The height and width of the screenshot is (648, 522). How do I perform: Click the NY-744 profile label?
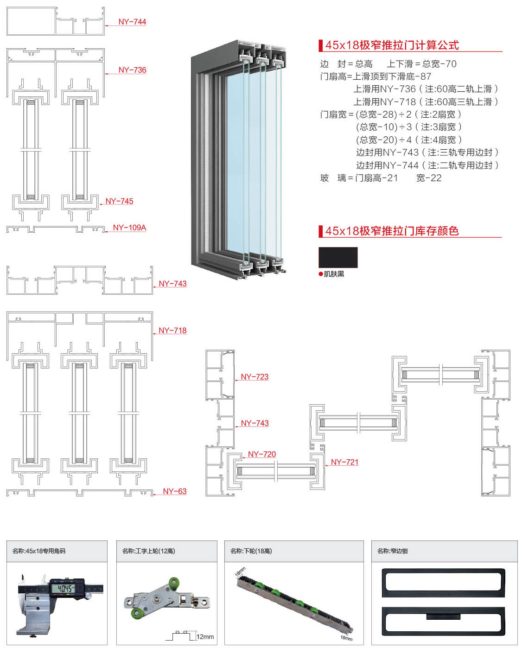point(132,22)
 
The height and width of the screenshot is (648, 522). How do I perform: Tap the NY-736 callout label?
point(132,70)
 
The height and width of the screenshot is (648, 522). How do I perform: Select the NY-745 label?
point(119,201)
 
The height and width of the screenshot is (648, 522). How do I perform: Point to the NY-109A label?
point(129,228)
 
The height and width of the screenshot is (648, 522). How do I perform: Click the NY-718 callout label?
point(172,330)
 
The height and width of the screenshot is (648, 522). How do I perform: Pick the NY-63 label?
point(174,491)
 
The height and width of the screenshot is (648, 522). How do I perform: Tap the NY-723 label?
point(255,377)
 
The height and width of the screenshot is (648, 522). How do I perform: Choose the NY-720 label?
point(262,454)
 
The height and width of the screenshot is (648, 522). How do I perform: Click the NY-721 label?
point(344,462)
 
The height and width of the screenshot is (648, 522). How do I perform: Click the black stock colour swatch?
point(338,257)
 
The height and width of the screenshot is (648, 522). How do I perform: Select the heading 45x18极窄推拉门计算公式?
point(392,45)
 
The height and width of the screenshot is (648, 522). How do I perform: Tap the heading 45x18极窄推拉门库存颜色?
point(392,231)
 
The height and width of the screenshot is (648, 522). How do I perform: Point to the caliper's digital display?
point(65,589)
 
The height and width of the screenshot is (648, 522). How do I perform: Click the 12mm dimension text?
point(205,637)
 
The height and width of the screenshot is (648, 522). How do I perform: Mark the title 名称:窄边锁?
point(392,551)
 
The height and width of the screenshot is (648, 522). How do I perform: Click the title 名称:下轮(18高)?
point(251,551)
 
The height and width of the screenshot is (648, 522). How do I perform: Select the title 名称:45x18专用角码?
point(39,551)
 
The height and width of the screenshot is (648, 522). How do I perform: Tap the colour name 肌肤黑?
point(334,274)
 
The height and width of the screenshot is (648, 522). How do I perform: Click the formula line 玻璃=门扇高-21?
point(359,178)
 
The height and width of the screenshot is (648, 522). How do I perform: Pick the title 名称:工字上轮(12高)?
point(148,551)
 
